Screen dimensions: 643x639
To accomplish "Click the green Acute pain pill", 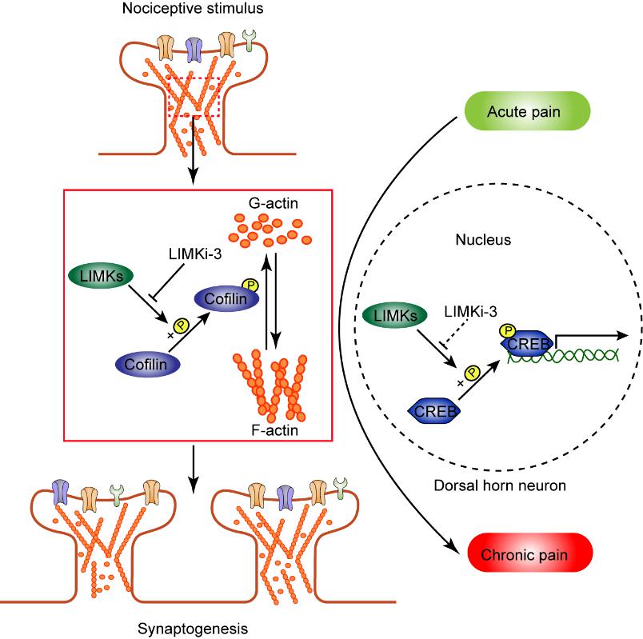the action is click(527, 110).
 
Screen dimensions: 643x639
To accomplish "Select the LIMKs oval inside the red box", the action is click(101, 276).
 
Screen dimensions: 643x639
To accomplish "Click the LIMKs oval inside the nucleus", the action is click(395, 315).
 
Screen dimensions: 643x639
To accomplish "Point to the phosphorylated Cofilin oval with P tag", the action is click(226, 298).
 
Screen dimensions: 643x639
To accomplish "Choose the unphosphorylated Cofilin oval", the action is click(147, 364).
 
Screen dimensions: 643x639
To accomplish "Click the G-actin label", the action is click(273, 203).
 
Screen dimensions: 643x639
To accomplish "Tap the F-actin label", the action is click(275, 429).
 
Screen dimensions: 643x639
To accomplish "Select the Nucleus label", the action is click(483, 239).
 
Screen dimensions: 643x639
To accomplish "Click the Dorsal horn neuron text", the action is click(500, 485).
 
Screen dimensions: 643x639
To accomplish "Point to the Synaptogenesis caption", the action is click(193, 629).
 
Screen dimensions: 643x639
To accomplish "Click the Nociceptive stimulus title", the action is click(193, 8).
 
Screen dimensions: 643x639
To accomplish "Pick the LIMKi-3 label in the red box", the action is click(195, 254).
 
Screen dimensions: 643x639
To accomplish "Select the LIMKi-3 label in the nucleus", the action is click(470, 312).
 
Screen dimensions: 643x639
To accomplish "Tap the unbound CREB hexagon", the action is click(434, 410).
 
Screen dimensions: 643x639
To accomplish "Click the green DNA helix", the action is click(563, 355).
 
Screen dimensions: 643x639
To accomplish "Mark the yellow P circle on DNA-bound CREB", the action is click(507, 330).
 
